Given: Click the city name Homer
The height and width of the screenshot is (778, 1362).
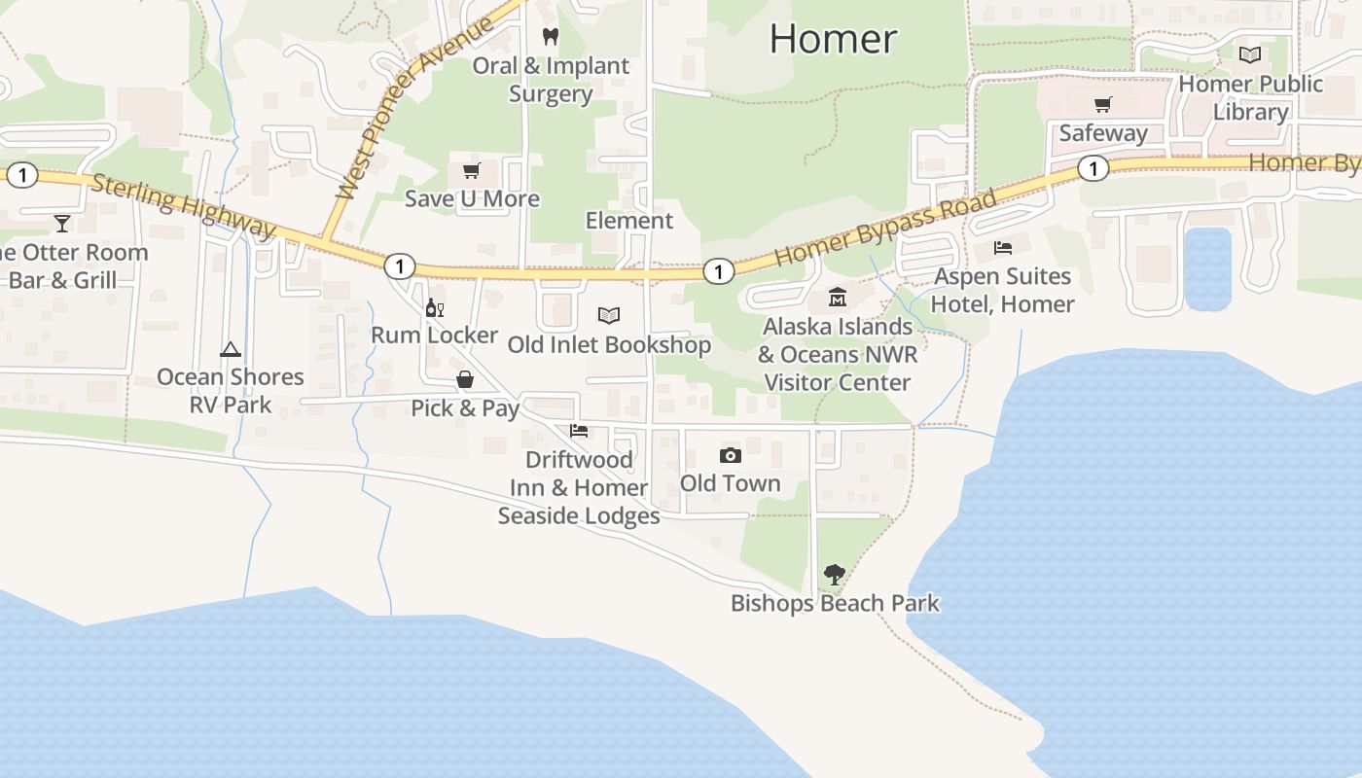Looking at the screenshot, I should [x=833, y=39].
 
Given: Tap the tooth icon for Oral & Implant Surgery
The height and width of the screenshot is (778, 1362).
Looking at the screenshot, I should [x=551, y=37].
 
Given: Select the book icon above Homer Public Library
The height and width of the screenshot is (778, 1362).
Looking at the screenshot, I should [x=1250, y=55].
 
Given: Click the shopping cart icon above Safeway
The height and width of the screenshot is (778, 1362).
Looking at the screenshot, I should [x=1102, y=104].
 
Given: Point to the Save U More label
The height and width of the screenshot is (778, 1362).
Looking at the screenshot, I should [x=472, y=198].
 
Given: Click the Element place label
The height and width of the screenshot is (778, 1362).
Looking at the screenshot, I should [x=628, y=221].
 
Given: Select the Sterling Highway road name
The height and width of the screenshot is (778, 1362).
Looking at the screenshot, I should [x=184, y=205].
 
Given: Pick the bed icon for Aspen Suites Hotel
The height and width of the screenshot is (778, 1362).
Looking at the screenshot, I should [x=1003, y=248].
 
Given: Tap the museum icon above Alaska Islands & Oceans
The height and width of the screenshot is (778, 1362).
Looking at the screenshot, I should [x=837, y=298].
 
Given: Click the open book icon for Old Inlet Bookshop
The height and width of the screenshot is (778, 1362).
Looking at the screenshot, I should [x=609, y=316].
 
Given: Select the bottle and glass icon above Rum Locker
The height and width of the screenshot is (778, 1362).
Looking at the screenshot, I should [x=435, y=308].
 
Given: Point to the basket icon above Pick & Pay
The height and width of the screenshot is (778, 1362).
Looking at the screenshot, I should [x=465, y=379].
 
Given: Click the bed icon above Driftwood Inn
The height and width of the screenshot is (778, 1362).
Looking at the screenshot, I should [x=579, y=431].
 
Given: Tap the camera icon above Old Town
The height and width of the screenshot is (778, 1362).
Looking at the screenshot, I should [x=730, y=455].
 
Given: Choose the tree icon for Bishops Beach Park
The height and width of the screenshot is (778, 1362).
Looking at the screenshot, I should [x=834, y=575].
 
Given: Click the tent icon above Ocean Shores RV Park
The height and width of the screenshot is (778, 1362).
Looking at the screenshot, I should [x=231, y=349].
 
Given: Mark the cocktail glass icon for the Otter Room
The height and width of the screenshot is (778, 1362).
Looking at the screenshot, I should [x=62, y=224].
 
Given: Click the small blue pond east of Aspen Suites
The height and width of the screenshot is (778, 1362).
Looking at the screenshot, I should [x=1207, y=268].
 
